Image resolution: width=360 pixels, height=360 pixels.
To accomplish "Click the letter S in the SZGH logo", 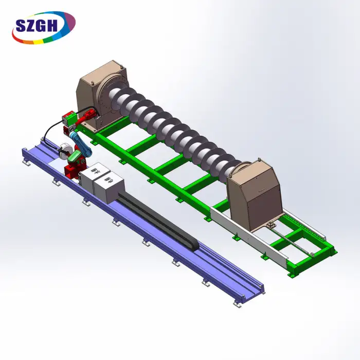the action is [21, 26].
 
